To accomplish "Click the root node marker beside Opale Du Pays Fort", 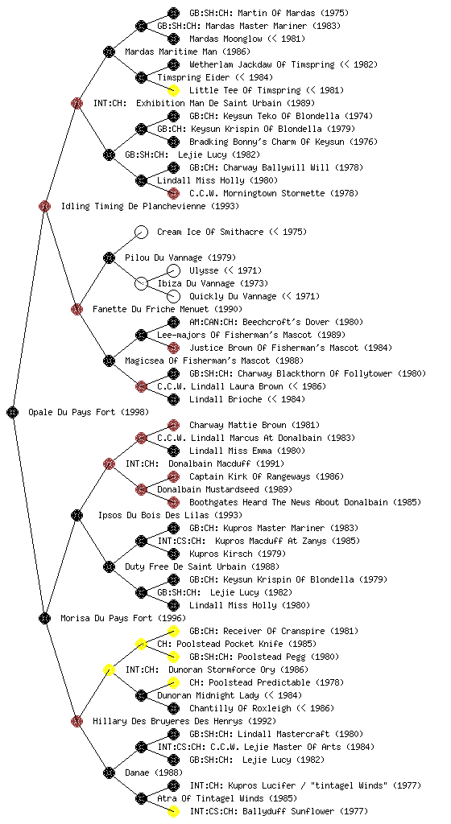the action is click(x=13, y=412).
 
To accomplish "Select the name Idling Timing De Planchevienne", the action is click(x=134, y=206).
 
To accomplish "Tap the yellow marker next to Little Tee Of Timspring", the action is click(x=173, y=90).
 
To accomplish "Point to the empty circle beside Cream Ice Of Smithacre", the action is click(x=141, y=232).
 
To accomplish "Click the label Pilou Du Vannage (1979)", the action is click(x=180, y=257).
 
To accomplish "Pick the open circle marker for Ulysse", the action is click(x=173, y=270).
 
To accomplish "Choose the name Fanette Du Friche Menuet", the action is click(x=151, y=309).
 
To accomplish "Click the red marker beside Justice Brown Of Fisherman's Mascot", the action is click(x=173, y=348).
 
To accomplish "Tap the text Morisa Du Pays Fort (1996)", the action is click(x=123, y=618).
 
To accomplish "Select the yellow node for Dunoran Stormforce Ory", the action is click(x=109, y=669).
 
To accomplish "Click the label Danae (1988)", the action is click(x=154, y=772).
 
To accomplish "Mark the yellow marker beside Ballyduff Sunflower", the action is click(x=173, y=811).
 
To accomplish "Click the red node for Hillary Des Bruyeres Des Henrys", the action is click(x=77, y=721).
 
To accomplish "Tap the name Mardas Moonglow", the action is click(x=225, y=39).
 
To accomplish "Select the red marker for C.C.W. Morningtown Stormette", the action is click(x=173, y=193).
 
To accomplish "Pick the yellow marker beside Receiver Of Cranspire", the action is click(x=173, y=631).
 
